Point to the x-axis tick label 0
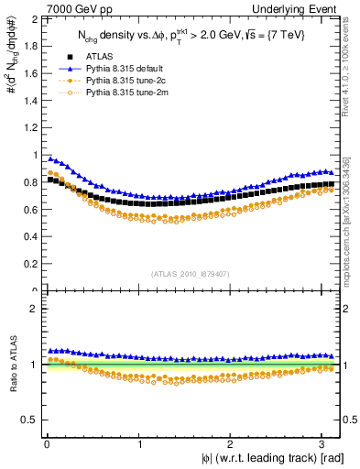click(x=46, y=444)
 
